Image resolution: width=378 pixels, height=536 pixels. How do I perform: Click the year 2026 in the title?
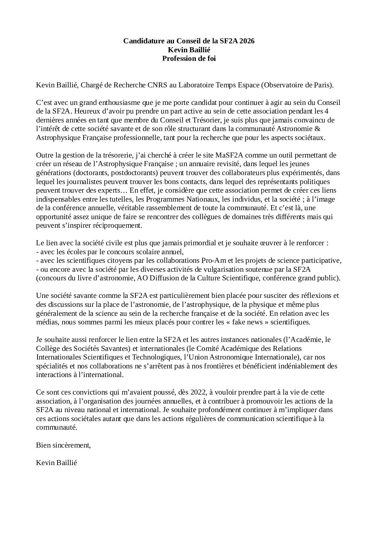[247, 41]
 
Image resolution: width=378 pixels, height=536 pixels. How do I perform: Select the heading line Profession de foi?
[189, 58]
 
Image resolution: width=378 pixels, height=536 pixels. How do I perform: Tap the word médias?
[46, 322]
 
